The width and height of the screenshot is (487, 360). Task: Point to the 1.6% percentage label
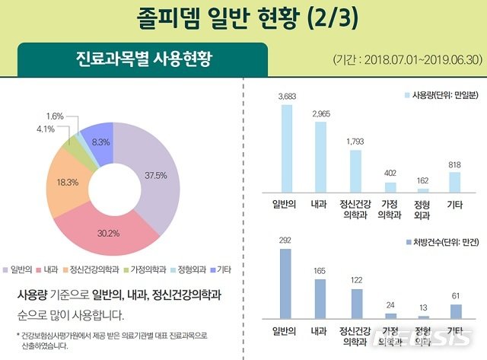tap(55, 116)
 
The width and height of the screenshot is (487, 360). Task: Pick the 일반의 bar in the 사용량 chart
tap(287, 148)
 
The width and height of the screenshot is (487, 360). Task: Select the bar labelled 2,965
tap(320, 156)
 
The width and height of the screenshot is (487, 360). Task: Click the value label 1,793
tap(355, 141)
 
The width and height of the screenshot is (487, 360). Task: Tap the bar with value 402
tap(390, 186)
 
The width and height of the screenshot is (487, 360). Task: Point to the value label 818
tap(455, 164)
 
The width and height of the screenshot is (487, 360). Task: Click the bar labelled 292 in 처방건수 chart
tap(287, 282)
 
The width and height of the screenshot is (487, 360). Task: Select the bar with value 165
tap(320, 297)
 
